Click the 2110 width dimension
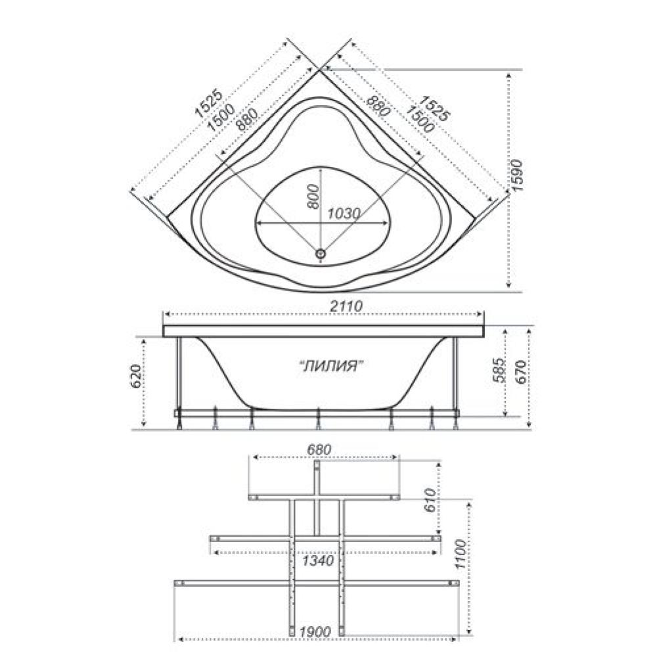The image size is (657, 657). point(346,306)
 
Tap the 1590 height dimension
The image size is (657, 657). point(518,175)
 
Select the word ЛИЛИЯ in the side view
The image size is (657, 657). point(331,366)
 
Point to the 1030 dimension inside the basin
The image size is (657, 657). point(344,214)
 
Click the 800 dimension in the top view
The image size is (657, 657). point(313,196)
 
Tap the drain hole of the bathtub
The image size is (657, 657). point(321,253)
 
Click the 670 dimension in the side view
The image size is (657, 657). point(521,371)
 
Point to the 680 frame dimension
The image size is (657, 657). point(319,449)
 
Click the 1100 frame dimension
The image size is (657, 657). point(460,555)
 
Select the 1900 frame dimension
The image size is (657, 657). point(315,631)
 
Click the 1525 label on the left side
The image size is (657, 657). point(208,104)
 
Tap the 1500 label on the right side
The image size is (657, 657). point(419,119)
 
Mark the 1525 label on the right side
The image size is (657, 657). point(435,108)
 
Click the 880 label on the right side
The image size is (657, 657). point(379,106)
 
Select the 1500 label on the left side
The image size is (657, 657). point(221,118)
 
